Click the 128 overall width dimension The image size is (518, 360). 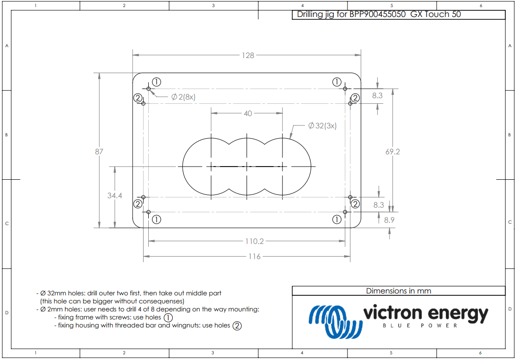[x=247, y=55]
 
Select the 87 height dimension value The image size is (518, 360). [x=99, y=151]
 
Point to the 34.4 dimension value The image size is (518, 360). [x=114, y=195]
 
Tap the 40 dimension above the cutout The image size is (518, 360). [x=247, y=113]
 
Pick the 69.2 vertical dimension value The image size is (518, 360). [x=392, y=151]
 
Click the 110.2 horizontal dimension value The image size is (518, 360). [x=254, y=241]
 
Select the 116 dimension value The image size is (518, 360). [x=254, y=256]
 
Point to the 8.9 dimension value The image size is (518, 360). [x=390, y=220]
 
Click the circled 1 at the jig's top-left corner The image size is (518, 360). [x=157, y=82]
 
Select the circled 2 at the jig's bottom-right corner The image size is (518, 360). [x=355, y=204]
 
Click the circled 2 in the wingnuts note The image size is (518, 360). [x=237, y=326]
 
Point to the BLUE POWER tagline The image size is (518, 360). [x=420, y=326]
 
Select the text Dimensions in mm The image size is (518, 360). [x=399, y=291]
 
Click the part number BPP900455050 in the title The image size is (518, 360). [x=378, y=14]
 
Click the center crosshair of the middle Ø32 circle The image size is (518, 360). [x=247, y=166]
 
